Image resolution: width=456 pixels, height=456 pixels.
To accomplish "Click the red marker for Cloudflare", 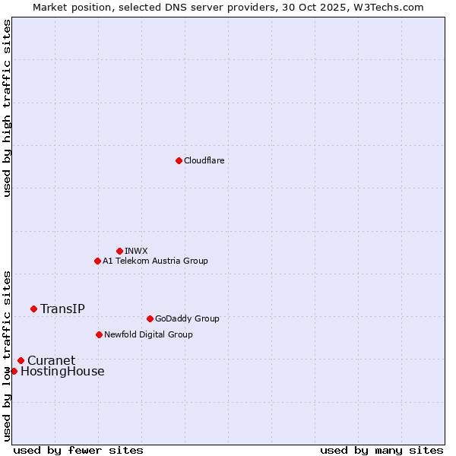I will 179,160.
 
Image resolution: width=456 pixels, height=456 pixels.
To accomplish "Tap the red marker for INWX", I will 119,251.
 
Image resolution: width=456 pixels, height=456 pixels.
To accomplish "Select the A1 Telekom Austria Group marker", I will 97,261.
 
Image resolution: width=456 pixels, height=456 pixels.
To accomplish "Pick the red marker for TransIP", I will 33,309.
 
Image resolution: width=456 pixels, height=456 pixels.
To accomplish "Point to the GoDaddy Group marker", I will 150,318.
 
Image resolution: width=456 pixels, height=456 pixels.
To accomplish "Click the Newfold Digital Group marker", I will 99,334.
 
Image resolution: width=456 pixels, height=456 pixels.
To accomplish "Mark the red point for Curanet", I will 21,360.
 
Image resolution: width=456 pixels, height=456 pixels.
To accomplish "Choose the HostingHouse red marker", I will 14,371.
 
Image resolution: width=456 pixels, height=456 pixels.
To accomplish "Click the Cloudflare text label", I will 204,160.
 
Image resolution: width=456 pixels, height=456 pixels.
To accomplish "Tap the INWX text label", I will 136,251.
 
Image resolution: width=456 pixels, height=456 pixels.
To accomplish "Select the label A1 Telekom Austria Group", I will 155,261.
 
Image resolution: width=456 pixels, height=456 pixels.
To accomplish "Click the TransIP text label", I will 62,309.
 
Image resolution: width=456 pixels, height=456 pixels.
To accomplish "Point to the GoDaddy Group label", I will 187,318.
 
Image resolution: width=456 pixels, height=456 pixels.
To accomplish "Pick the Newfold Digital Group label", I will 148,334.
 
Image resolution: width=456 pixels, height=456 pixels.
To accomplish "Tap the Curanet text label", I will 51,360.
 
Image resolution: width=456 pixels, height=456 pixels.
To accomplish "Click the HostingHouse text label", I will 62,372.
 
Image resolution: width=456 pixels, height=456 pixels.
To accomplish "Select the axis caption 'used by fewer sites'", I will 78,450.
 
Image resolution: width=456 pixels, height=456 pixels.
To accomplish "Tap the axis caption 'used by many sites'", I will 382,450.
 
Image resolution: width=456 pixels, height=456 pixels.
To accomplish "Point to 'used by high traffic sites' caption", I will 7,108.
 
